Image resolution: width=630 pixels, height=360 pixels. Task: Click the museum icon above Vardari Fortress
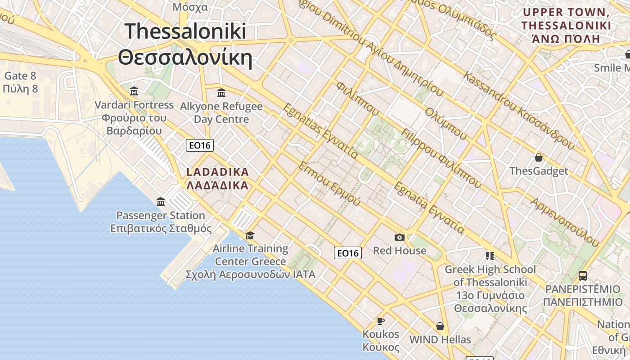point(134,92)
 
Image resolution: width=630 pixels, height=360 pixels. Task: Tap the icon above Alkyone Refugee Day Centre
point(221,93)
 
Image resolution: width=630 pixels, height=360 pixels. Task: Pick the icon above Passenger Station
point(161,202)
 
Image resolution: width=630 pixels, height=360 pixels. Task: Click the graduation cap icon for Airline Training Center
point(250,235)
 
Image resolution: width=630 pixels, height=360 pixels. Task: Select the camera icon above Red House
point(399,237)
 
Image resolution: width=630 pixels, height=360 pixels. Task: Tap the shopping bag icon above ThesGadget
point(538,157)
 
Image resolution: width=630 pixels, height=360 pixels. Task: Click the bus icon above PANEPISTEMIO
point(582,275)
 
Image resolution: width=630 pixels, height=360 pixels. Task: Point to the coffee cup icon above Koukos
point(381,321)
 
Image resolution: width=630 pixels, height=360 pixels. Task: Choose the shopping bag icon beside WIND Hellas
point(440,326)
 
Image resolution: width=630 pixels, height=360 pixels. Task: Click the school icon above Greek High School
point(490,256)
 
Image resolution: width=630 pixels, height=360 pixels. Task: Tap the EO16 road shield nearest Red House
point(348,253)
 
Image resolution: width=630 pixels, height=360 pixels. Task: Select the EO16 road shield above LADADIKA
point(200,145)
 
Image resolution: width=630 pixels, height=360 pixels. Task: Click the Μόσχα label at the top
point(190,7)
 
